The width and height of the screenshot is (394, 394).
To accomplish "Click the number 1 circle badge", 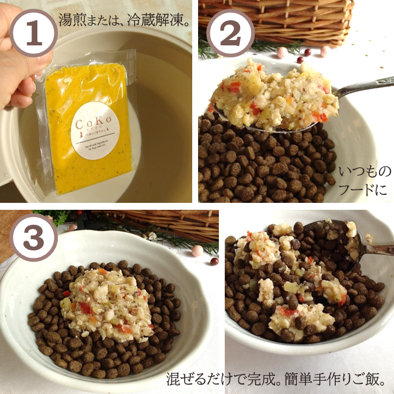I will click(34, 33).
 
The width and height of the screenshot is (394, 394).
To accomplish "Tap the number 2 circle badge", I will click(230, 33).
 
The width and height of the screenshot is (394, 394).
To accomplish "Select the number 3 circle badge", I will click(34, 240).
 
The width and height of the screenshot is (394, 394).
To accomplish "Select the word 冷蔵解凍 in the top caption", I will click(160, 22).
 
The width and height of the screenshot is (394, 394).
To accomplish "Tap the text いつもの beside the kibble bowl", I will click(365, 172).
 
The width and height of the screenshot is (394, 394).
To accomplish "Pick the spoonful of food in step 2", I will click(272, 96).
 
